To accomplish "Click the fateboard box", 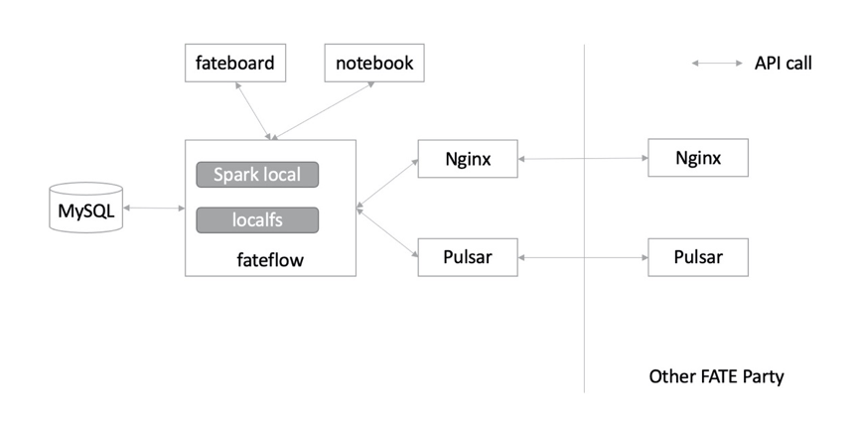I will pos(230,65).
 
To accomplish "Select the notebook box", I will pos(373,65).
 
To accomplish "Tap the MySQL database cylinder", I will pos(86,209).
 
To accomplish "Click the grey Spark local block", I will pos(257,175).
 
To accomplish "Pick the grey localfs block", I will pos(257,219).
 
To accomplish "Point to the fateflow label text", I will pos(271,260).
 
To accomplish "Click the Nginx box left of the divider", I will pos(468,158).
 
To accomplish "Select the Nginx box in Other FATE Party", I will pos(697,158).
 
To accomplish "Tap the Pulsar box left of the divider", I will pos(468,257).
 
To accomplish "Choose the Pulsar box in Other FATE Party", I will pos(697,257).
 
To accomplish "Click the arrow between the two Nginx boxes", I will pos(583,158).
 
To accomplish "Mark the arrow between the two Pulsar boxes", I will pos(583,257).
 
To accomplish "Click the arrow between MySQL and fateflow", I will pos(154,209).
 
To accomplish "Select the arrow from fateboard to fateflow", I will pos(252,110).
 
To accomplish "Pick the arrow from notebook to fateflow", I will pos(325,110).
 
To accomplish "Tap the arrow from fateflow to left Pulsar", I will pos(386,233).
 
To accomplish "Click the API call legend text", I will pos(783,64).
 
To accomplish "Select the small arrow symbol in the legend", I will pos(717,64).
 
